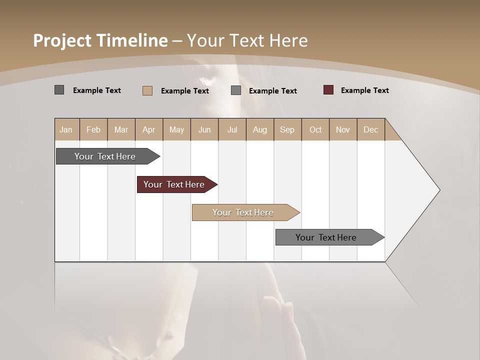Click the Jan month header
coord(66,129)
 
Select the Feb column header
coord(93,129)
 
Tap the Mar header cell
coord(121,129)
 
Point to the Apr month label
coord(149,129)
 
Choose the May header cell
coord(176,129)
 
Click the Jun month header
coord(204,129)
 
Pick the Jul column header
coord(232,129)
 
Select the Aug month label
coord(260,129)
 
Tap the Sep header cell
coord(287,129)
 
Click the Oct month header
coord(315,129)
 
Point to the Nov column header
coord(343,129)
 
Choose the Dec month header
coord(371,129)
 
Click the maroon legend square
coord(328,90)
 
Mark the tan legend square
coord(147,90)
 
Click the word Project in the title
coord(62,40)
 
